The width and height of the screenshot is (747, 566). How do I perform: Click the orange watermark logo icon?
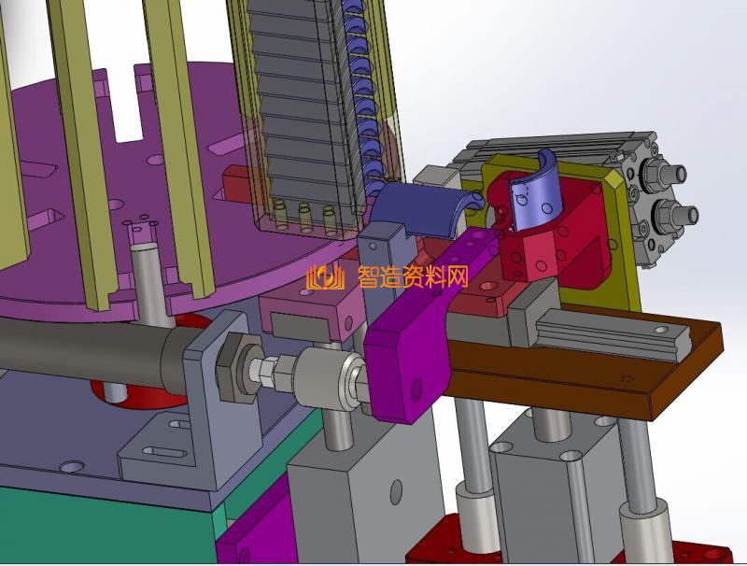tap(326, 276)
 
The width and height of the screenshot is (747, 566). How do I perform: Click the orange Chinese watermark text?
tap(413, 276)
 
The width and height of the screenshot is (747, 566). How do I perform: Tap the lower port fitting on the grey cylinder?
tap(675, 214)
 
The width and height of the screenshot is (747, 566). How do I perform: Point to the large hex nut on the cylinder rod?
tap(236, 367)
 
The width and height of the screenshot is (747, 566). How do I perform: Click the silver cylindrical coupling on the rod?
tap(329, 377)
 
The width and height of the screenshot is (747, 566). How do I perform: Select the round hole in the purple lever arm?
tap(416, 389)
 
